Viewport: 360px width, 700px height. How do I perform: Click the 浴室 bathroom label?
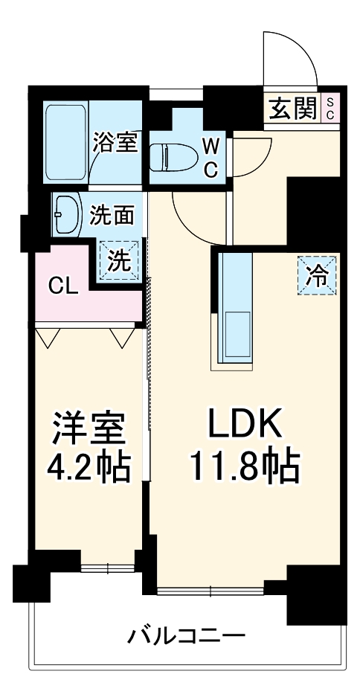pyautogui.click(x=115, y=142)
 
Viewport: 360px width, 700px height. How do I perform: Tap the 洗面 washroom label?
pyautogui.click(x=112, y=216)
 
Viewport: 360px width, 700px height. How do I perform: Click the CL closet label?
pyautogui.click(x=64, y=286)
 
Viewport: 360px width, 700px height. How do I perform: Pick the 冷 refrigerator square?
pyautogui.click(x=318, y=275)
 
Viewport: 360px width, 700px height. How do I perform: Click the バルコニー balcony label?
pyautogui.click(x=186, y=636)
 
